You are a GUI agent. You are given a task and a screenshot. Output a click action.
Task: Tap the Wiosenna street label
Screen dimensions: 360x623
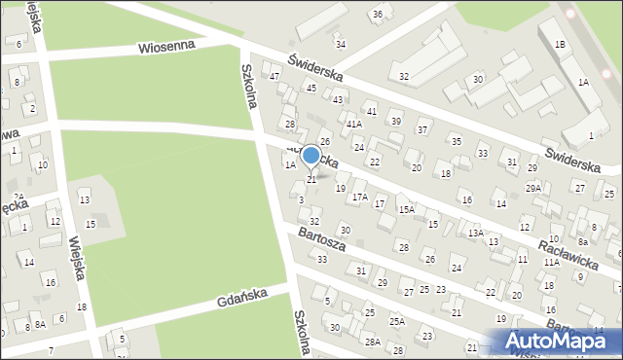point(166,46)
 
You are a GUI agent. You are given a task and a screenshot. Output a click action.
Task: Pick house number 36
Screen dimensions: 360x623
point(377,14)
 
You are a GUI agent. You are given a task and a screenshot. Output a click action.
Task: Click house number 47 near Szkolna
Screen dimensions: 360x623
point(275,77)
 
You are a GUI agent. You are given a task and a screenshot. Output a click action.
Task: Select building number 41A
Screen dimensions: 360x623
point(354,125)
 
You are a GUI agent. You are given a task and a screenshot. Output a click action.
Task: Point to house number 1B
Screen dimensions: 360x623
point(560,45)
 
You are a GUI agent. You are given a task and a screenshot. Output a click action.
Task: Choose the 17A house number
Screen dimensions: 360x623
point(360,198)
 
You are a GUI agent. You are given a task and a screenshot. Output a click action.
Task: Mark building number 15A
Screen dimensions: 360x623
point(406,209)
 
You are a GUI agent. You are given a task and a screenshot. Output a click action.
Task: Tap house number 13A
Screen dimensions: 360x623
point(475,234)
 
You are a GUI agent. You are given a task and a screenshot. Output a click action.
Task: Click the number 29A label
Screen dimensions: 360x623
point(533,188)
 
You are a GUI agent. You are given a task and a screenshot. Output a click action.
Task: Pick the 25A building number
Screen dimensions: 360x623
point(397,321)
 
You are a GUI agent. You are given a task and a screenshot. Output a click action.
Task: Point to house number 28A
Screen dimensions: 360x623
point(372,342)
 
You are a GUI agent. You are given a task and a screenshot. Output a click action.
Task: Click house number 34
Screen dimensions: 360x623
point(340,44)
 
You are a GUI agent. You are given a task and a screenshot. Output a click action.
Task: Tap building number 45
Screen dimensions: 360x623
point(311,88)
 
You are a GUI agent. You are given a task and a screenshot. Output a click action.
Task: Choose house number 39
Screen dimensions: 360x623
point(395,121)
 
